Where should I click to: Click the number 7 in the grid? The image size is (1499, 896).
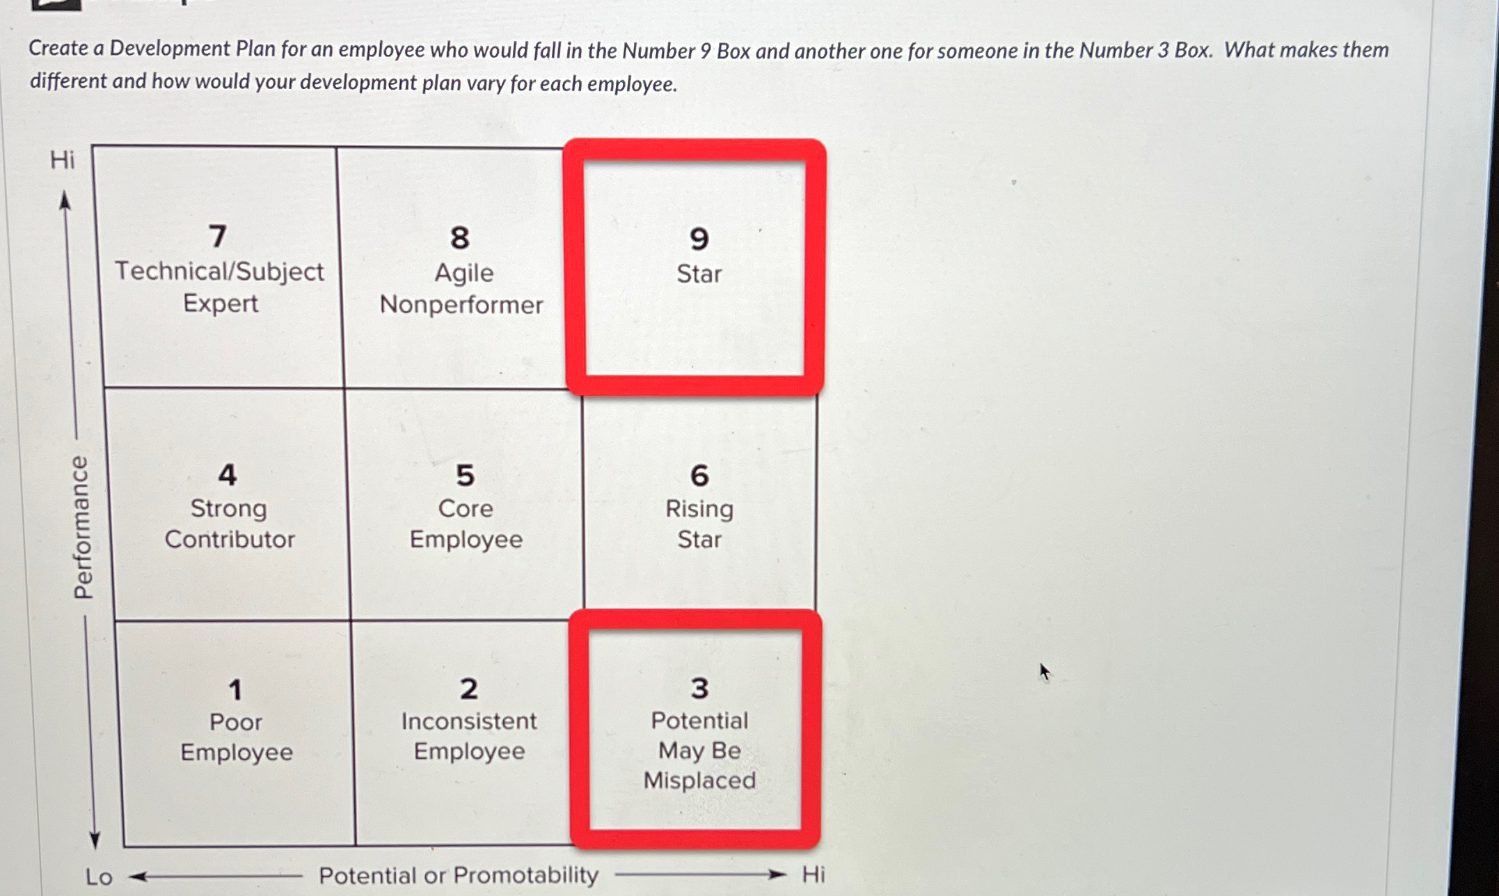click(x=218, y=236)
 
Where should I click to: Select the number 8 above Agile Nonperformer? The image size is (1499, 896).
click(x=459, y=238)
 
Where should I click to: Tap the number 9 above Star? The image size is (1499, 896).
click(x=699, y=239)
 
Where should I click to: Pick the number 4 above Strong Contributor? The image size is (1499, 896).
click(x=228, y=475)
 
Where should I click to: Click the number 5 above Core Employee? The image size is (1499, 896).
click(x=465, y=475)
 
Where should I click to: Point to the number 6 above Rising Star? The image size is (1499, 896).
click(x=699, y=476)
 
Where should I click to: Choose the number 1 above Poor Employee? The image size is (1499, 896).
click(x=235, y=690)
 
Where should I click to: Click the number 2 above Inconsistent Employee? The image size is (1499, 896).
click(x=468, y=689)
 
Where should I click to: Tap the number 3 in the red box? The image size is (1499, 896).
click(x=699, y=689)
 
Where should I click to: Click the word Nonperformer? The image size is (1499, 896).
click(x=461, y=304)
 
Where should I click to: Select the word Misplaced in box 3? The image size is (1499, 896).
click(x=699, y=780)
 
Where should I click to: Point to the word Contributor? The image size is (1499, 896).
click(x=230, y=540)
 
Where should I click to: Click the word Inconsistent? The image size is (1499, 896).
click(x=468, y=721)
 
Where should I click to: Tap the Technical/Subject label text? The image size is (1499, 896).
click(x=219, y=272)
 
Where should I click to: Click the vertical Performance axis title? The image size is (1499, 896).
click(x=82, y=527)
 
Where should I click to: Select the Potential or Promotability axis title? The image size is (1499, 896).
click(x=458, y=875)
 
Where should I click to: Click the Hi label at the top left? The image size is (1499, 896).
click(x=62, y=160)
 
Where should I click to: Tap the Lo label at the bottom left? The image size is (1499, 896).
click(x=99, y=877)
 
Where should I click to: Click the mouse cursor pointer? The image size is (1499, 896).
click(x=1044, y=671)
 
